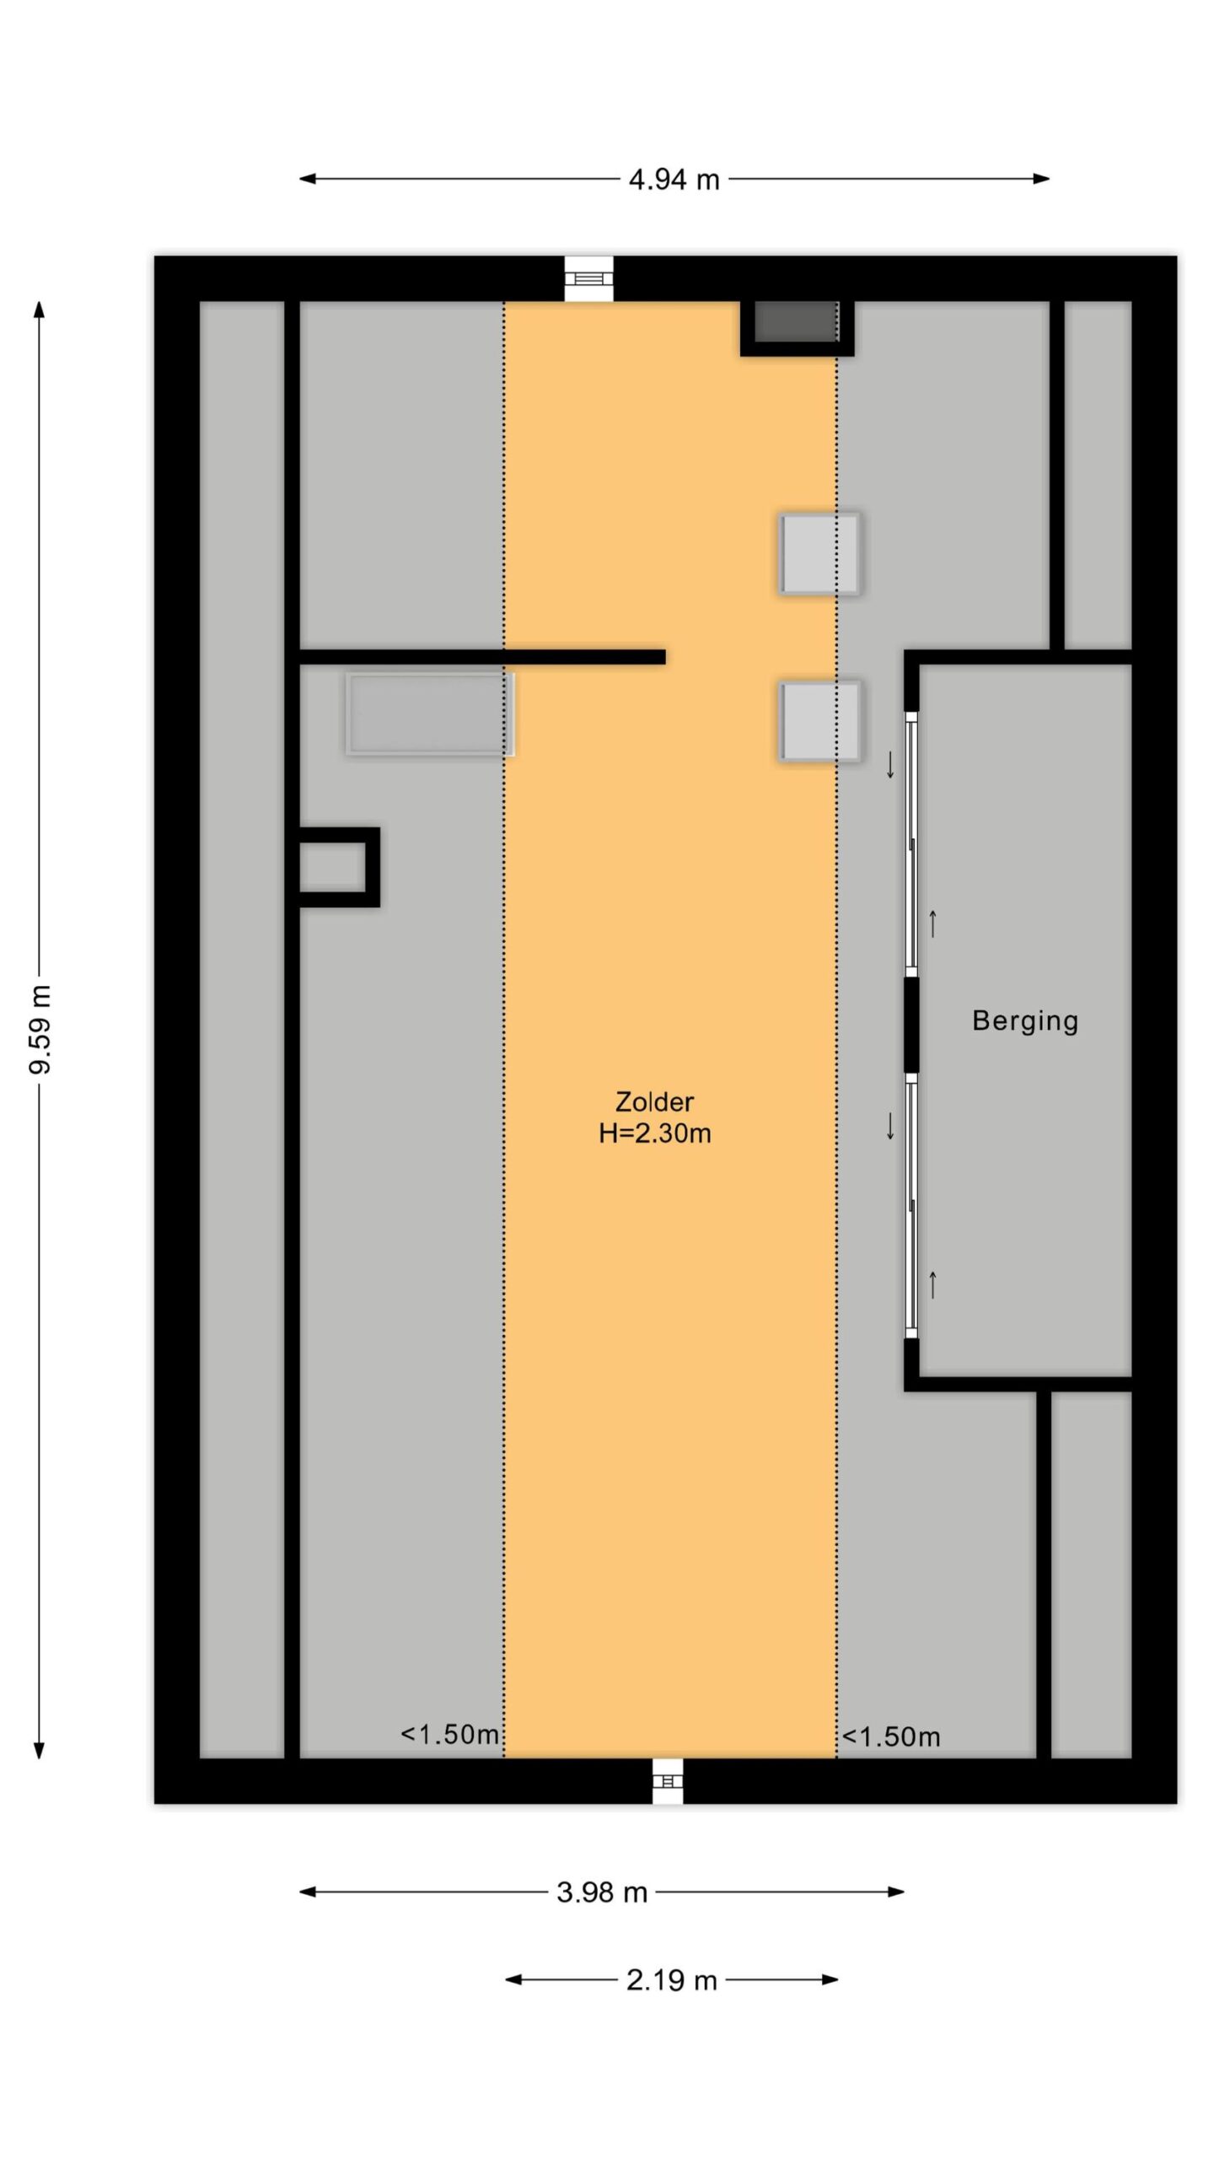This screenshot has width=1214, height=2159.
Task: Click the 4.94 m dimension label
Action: click(674, 179)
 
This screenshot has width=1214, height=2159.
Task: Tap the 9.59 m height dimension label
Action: click(40, 1029)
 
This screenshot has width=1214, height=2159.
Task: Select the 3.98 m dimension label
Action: click(601, 1892)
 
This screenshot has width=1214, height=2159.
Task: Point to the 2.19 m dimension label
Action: click(671, 1979)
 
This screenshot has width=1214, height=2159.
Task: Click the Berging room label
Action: click(1025, 1020)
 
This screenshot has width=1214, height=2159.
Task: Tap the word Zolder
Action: click(654, 1101)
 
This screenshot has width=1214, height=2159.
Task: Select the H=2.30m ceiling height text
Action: click(655, 1133)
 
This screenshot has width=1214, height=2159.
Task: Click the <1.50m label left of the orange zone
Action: click(450, 1734)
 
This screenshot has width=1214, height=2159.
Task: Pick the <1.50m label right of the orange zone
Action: click(891, 1736)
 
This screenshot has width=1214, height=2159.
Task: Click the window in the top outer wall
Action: click(588, 278)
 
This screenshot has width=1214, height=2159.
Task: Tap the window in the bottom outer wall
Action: click(668, 1781)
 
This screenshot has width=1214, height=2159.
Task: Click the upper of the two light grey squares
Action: click(819, 553)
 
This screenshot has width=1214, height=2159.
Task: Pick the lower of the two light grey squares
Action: click(819, 721)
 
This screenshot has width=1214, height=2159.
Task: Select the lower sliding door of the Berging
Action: click(910, 1206)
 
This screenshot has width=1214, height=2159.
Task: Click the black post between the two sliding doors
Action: click(910, 1025)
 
